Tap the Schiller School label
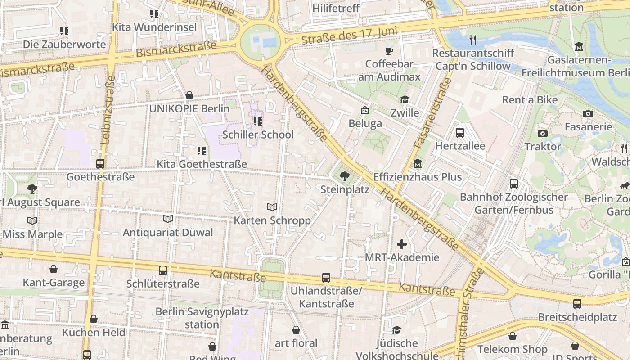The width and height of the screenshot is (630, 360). (258, 135)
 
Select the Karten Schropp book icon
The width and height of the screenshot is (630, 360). (272, 207)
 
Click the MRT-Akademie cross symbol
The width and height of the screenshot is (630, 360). (402, 244)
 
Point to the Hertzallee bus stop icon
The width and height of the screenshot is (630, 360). (460, 133)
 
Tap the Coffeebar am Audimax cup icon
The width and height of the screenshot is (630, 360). (389, 50)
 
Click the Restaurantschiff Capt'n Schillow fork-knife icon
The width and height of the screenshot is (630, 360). (472, 40)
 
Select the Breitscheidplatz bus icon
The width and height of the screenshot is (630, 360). (577, 304)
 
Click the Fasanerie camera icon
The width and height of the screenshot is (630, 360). (588, 114)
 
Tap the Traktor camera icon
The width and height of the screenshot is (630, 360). (543, 133)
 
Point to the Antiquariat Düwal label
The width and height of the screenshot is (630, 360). (168, 233)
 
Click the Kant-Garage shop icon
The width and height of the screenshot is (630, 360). (54, 269)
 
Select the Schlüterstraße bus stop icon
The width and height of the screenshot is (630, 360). (163, 270)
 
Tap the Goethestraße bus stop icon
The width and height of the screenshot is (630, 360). (100, 164)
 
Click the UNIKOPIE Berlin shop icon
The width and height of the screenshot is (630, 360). (189, 95)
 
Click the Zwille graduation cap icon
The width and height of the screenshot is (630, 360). (405, 99)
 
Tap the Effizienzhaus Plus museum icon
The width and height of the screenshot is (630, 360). (418, 163)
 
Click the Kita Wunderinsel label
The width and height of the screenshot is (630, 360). (154, 27)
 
